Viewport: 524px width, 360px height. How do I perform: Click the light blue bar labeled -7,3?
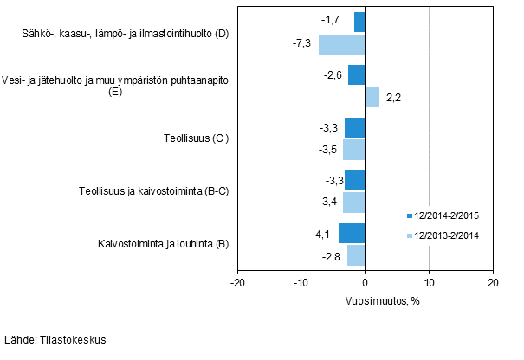341,44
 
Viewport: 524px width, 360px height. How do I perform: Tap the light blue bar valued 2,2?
372,97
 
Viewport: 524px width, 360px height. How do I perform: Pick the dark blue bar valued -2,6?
356,75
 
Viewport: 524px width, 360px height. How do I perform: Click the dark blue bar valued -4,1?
352,234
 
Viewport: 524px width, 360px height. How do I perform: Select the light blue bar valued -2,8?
356,255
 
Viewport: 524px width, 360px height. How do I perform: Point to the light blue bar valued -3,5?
353,150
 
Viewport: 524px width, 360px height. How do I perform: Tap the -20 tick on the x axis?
237,283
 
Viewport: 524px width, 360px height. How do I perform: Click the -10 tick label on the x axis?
301,283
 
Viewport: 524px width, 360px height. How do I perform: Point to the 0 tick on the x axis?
365,283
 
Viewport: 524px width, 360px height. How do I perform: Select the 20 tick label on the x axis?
492,283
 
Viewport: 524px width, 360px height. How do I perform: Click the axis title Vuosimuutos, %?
365,300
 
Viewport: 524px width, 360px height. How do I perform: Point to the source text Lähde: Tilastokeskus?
55,340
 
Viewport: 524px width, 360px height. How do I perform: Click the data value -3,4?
329,202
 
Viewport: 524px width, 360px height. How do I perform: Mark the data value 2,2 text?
392,98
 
